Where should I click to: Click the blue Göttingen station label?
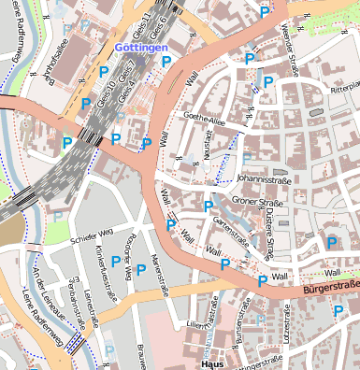point(141,46)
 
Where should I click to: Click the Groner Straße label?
point(257,201)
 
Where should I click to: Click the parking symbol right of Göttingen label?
point(166,61)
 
